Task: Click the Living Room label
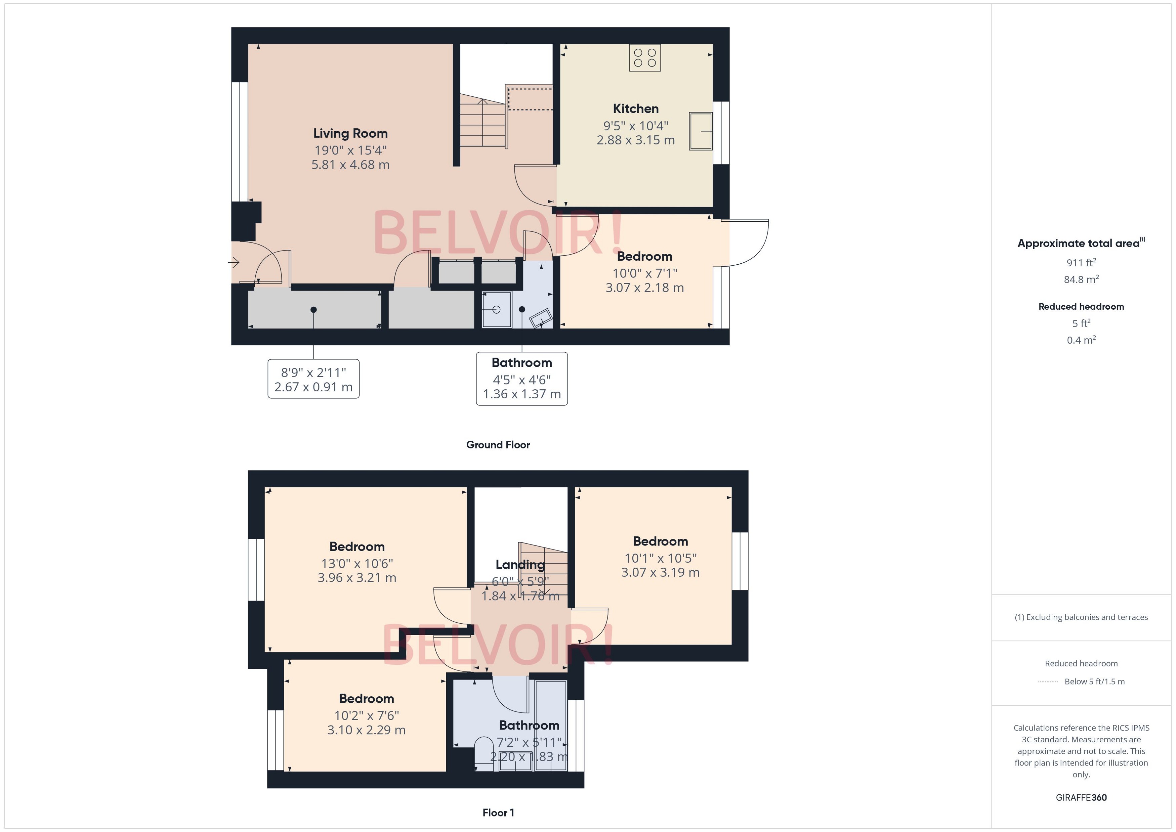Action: point(350,134)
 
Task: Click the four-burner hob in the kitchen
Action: point(645,58)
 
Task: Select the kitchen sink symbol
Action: point(701,131)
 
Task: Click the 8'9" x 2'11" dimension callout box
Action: point(313,379)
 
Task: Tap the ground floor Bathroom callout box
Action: point(522,379)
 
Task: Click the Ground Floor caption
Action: point(498,445)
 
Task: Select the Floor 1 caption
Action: point(498,813)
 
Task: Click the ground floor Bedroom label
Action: point(644,257)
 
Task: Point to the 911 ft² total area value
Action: point(1081,263)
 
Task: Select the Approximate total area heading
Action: point(1078,243)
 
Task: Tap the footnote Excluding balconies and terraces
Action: point(1081,617)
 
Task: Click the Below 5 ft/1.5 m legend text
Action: point(1094,682)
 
